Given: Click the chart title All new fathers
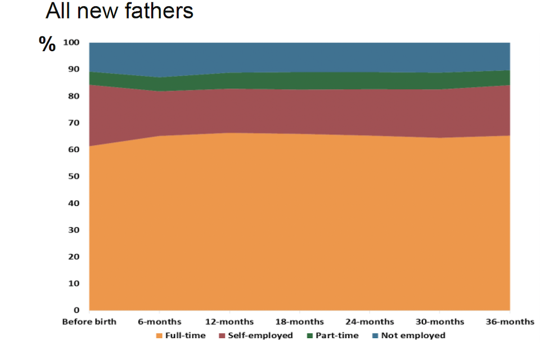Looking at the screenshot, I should click(119, 11).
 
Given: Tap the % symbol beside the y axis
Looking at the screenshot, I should click(47, 44).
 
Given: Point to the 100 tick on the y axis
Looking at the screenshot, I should click(71, 43).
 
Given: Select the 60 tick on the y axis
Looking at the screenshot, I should click(74, 150).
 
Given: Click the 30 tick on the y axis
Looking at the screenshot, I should click(74, 230).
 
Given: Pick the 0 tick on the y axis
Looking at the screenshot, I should click(77, 310).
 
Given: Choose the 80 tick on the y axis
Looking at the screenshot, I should click(74, 96).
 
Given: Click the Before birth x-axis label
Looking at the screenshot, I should click(89, 322).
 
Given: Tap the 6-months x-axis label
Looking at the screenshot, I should click(159, 322).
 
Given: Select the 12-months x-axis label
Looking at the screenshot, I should click(229, 322).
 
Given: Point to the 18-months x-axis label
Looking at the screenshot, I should click(299, 322).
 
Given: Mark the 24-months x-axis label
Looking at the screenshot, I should click(370, 322).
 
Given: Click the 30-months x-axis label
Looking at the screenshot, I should click(440, 322).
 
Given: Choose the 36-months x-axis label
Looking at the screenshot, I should click(510, 322).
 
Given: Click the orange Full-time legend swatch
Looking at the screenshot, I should click(159, 336).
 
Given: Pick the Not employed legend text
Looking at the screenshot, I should click(413, 336).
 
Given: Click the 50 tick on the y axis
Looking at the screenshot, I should click(74, 177).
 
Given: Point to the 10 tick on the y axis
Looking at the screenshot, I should click(74, 283).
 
